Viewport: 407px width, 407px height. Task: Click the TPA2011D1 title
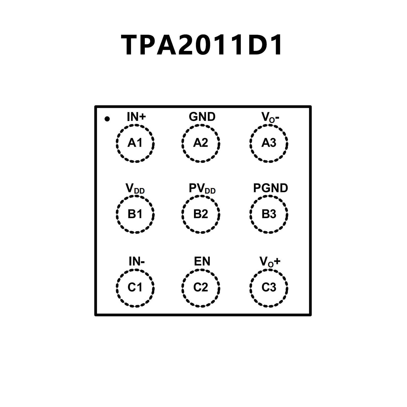click(202, 45)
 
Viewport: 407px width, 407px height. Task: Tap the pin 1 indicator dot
click(107, 119)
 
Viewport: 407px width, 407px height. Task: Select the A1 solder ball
click(135, 143)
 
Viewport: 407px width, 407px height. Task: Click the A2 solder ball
click(201, 143)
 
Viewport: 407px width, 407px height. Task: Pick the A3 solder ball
click(269, 143)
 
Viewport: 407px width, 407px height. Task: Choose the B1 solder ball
click(135, 214)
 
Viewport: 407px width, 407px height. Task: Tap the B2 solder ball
click(201, 214)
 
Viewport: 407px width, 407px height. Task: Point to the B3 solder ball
click(269, 214)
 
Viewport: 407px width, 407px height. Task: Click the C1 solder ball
click(135, 288)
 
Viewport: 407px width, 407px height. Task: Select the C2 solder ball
click(201, 288)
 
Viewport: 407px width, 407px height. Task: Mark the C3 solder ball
click(269, 288)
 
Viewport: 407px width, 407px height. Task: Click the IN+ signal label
click(136, 117)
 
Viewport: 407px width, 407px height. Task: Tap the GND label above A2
click(202, 117)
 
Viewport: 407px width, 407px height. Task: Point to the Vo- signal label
click(270, 117)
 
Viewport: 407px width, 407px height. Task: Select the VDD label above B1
click(135, 189)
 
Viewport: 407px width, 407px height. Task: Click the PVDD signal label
click(202, 189)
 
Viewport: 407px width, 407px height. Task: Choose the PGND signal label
click(270, 188)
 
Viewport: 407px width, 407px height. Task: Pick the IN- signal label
click(137, 261)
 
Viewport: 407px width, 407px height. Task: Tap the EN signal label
click(202, 261)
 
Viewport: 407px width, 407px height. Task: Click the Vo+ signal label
click(270, 262)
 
